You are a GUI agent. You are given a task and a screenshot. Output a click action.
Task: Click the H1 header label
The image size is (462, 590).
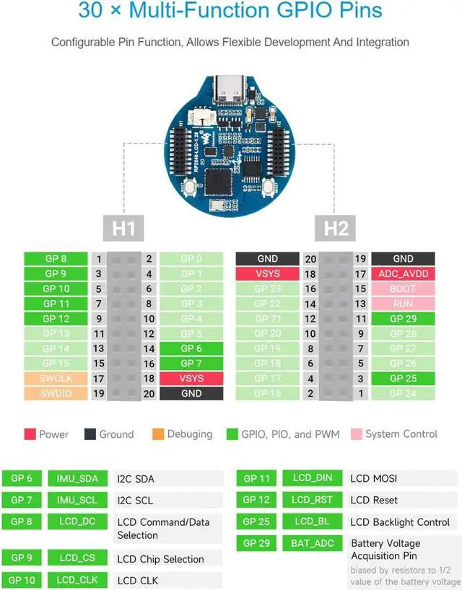tap(123, 229)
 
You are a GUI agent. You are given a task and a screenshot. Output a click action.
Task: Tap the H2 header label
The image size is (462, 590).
tap(336, 229)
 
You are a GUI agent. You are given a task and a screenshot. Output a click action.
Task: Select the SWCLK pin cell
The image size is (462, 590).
tap(56, 379)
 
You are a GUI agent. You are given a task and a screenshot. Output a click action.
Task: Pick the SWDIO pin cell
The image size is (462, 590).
tap(56, 394)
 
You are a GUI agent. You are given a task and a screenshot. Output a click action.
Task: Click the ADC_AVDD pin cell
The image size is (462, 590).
tap(403, 274)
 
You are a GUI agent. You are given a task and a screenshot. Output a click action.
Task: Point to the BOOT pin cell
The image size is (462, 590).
tap(403, 289)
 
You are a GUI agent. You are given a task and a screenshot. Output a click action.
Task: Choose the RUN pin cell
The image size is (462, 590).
tap(403, 304)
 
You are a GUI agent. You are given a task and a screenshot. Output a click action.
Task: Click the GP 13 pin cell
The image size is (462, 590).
tap(56, 334)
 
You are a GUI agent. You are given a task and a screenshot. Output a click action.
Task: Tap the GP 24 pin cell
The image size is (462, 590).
tap(403, 394)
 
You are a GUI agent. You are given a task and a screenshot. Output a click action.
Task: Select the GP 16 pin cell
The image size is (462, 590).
tap(267, 394)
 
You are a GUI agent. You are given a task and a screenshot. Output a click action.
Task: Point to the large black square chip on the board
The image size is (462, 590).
tap(219, 180)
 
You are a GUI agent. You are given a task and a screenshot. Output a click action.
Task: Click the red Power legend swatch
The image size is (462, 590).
tap(30, 434)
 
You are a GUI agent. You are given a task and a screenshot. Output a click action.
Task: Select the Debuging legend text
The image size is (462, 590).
tap(190, 434)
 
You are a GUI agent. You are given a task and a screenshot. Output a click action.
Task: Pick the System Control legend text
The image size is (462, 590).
tap(401, 434)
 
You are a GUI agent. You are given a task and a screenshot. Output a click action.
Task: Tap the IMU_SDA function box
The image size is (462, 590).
tap(78, 478)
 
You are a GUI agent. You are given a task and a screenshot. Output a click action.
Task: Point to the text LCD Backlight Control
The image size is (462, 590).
tap(400, 521)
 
